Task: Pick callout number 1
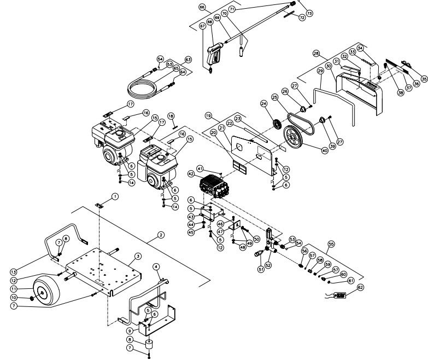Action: [x=115, y=196]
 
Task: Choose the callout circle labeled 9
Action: [x=129, y=330]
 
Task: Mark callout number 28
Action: [x=316, y=53]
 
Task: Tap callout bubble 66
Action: [x=202, y=8]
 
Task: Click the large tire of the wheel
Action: [x=46, y=290]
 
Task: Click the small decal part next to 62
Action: [x=339, y=295]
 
